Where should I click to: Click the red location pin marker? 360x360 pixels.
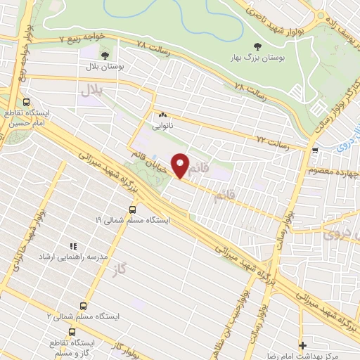181,166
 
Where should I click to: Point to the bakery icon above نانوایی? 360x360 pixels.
162,115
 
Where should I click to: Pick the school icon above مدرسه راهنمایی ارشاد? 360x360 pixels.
72,246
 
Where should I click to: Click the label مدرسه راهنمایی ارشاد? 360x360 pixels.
75,257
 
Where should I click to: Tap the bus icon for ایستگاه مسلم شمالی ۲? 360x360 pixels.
84,307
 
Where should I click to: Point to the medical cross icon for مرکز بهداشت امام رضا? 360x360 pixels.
303,345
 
